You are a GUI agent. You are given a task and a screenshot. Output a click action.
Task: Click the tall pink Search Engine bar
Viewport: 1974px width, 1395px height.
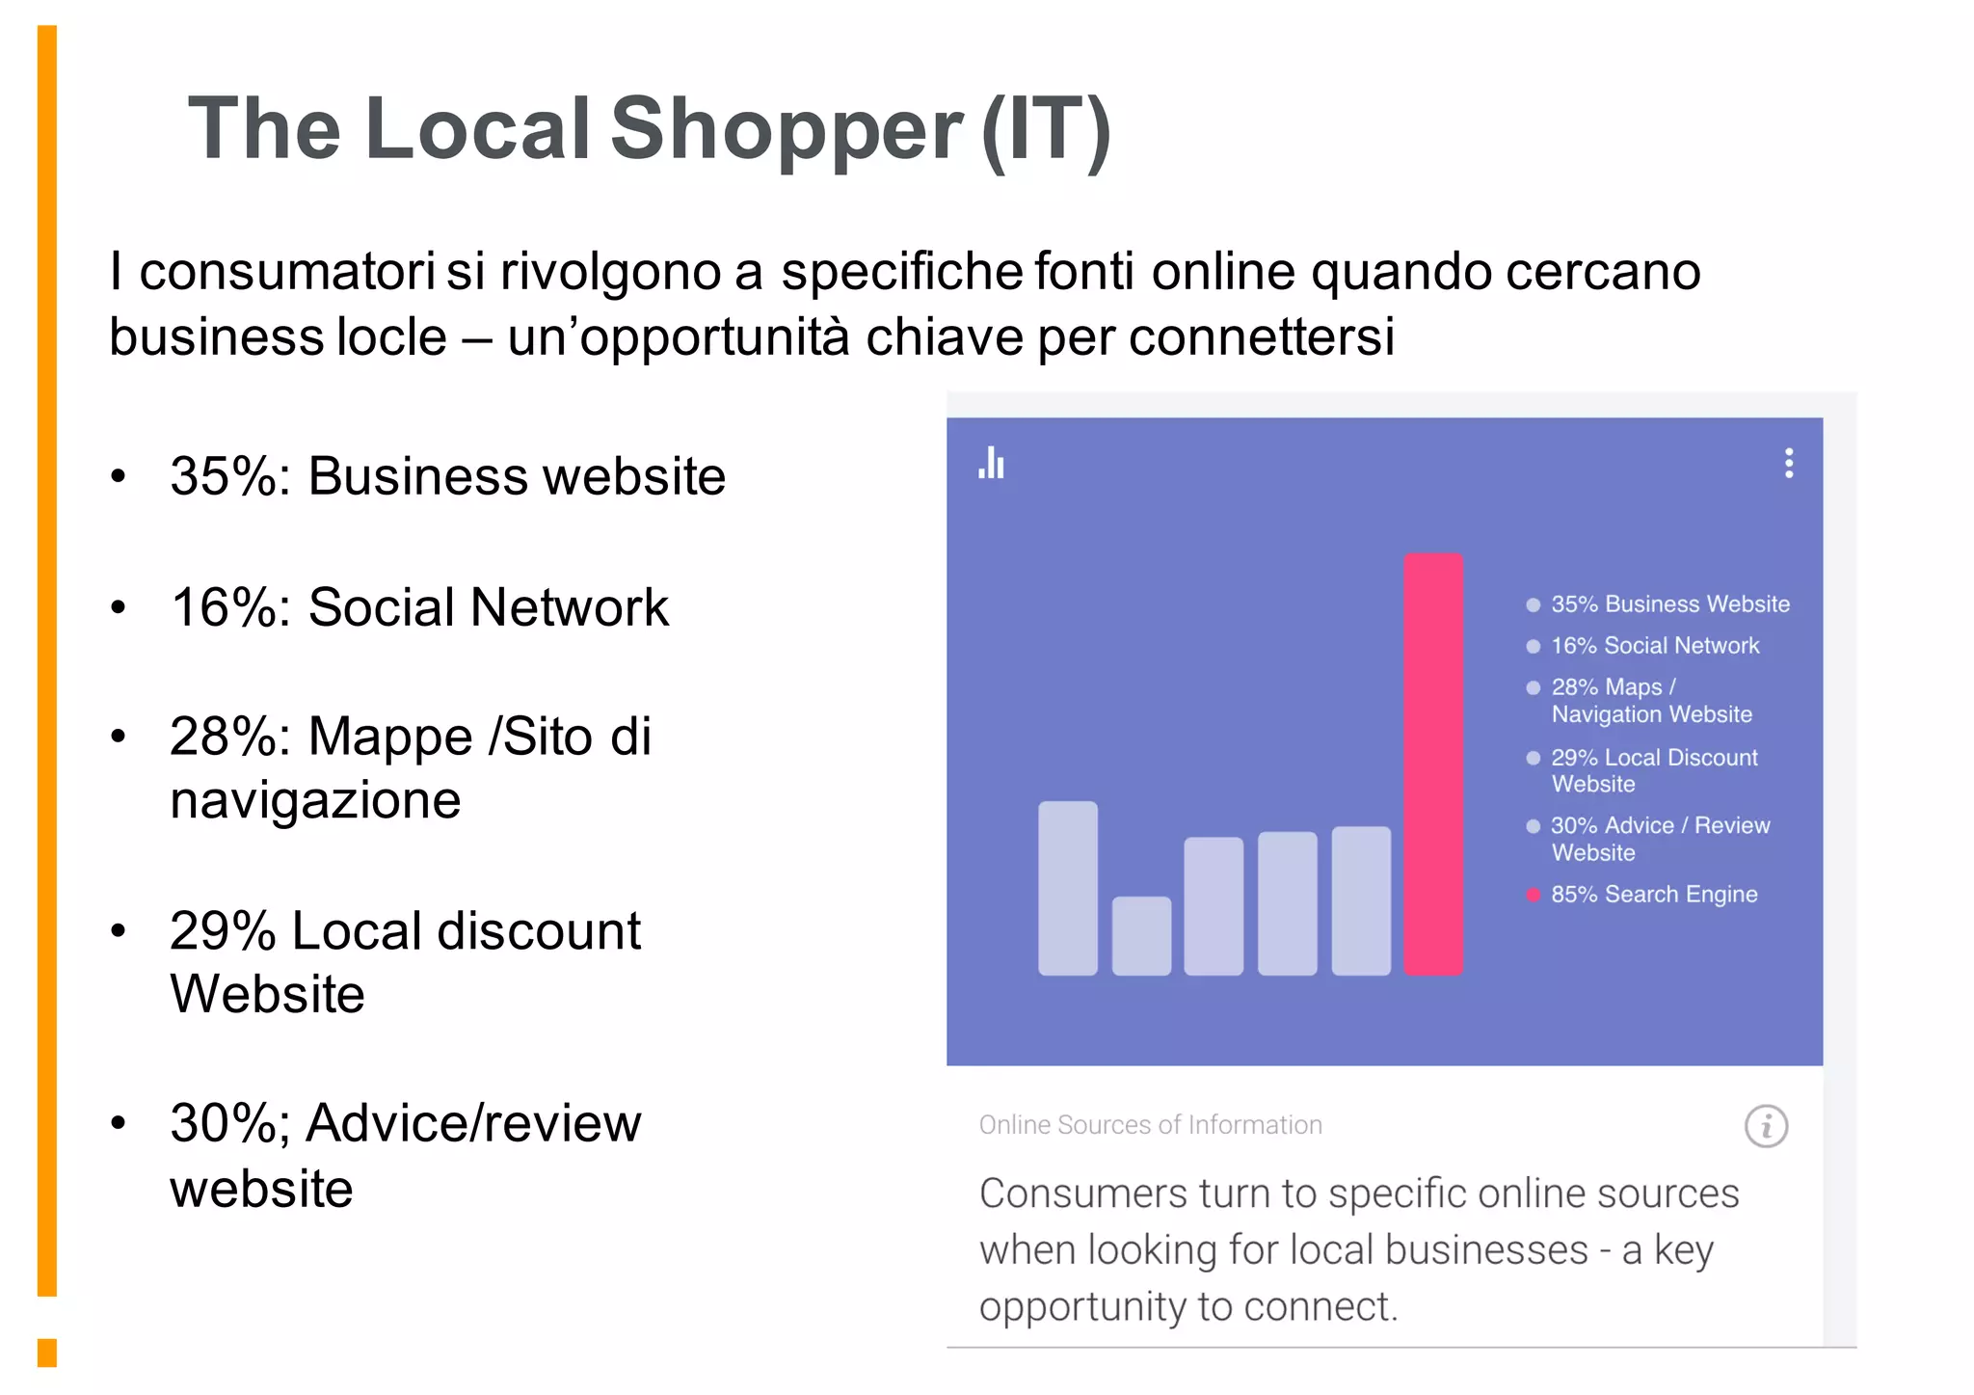click(x=1432, y=764)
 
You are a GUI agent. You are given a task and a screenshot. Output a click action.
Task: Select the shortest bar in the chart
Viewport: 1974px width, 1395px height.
click(x=1141, y=935)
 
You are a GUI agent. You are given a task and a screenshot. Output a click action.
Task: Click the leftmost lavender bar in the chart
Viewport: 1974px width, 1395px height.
click(x=1067, y=888)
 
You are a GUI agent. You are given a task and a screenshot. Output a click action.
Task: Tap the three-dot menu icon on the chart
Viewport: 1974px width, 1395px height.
click(x=1789, y=464)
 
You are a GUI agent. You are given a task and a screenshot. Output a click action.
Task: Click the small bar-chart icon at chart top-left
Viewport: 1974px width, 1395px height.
click(x=991, y=464)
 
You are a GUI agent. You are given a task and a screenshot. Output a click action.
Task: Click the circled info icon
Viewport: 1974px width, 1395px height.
click(x=1766, y=1126)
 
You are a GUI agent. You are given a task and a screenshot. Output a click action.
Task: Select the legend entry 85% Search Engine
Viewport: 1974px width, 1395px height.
click(x=1654, y=895)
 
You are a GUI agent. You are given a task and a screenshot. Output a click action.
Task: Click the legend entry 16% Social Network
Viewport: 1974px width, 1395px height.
click(x=1655, y=646)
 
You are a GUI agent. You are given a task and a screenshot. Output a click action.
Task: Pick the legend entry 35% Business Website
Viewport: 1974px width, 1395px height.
click(x=1669, y=604)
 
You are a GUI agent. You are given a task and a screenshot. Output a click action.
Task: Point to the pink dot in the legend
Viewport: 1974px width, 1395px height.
click(x=1533, y=895)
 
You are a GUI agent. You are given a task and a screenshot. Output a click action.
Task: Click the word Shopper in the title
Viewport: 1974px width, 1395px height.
click(x=787, y=129)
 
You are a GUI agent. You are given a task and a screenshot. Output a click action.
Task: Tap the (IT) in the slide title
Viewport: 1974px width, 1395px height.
click(x=1046, y=129)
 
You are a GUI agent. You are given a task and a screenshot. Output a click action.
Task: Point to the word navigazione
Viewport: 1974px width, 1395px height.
click(x=315, y=801)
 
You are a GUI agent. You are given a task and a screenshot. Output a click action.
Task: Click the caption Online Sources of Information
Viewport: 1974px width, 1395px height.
click(x=1150, y=1125)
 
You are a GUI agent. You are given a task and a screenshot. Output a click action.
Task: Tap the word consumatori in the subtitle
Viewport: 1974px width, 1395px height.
click(x=286, y=272)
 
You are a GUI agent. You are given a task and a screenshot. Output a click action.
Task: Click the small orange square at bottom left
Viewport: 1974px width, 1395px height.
click(x=47, y=1352)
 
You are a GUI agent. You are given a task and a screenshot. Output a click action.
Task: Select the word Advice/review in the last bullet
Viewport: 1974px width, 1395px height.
click(x=473, y=1123)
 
